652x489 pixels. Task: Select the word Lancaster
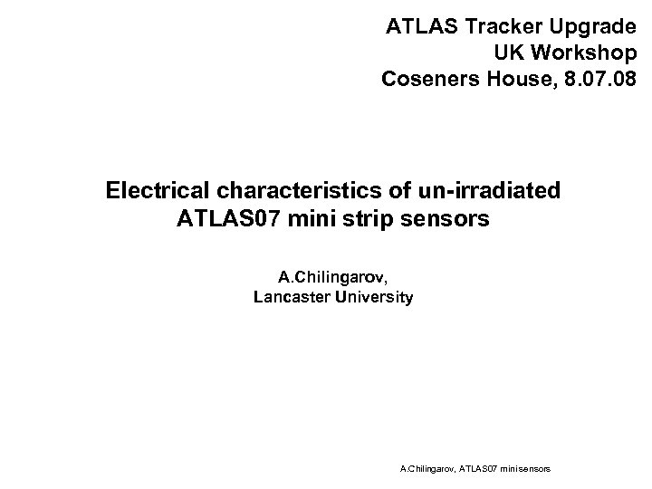pyautogui.click(x=292, y=297)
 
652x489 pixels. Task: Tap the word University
pyautogui.click(x=372, y=297)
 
